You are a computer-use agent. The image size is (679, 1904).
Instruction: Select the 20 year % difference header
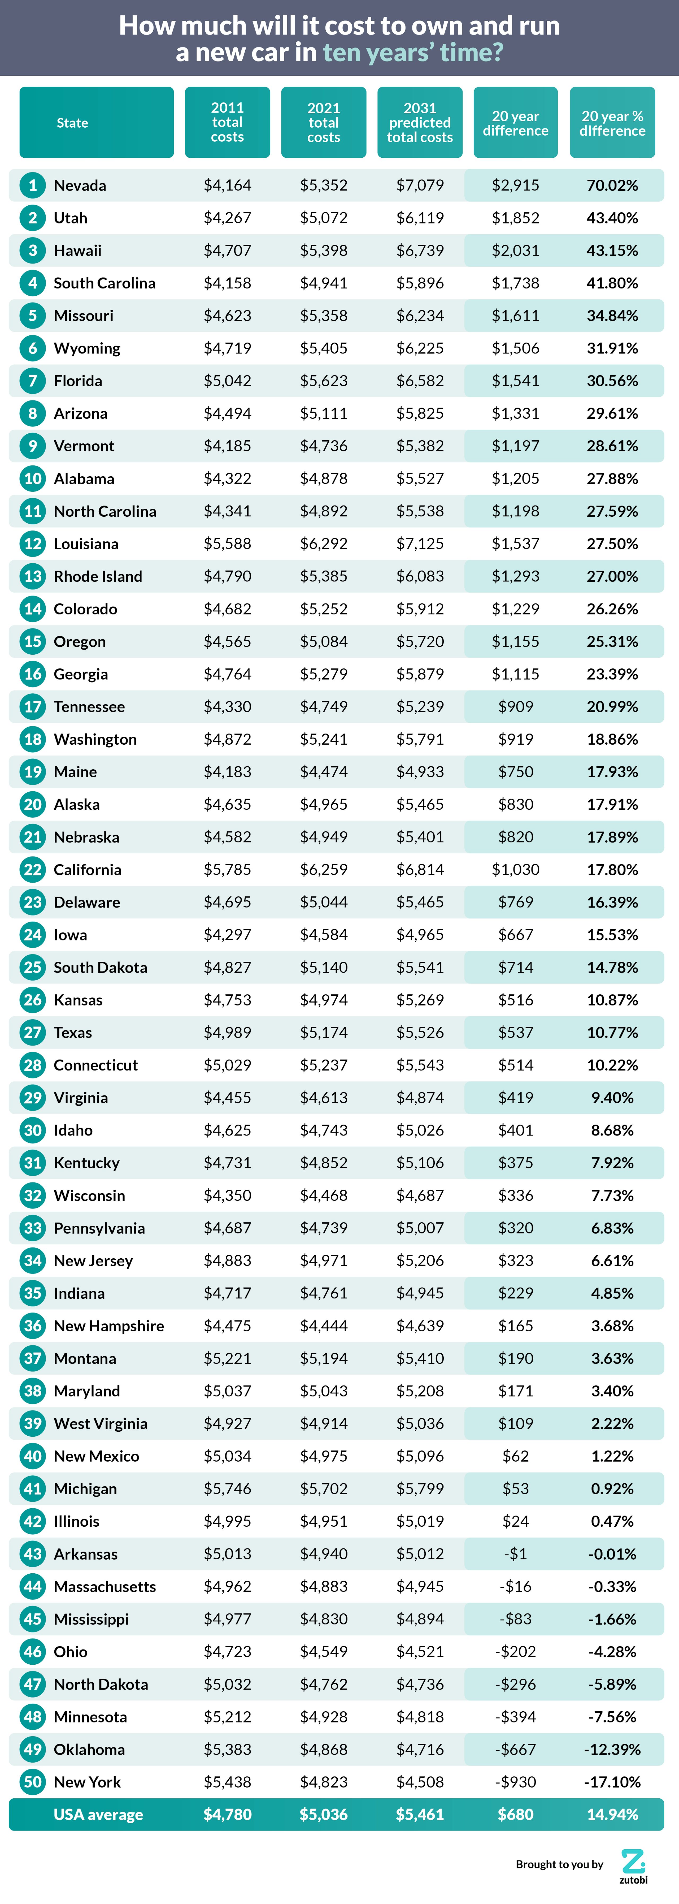(612, 123)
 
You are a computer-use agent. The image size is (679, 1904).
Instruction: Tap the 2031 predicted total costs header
(420, 123)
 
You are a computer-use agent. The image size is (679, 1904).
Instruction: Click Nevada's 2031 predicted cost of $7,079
(420, 185)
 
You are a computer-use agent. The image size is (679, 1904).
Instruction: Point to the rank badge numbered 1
(33, 185)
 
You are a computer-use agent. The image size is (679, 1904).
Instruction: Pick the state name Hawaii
(77, 251)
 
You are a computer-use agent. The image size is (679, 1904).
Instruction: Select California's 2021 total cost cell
(324, 870)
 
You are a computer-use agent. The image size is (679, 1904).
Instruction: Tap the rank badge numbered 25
(33, 968)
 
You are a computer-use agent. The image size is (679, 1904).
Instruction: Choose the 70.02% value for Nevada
(612, 185)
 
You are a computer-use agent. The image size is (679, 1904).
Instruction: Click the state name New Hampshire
(108, 1326)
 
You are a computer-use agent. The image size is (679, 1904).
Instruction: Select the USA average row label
(98, 1815)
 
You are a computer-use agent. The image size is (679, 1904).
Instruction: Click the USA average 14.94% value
(612, 1815)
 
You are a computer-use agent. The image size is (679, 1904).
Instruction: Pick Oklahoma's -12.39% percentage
(612, 1750)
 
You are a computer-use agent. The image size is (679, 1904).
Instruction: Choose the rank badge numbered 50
(33, 1782)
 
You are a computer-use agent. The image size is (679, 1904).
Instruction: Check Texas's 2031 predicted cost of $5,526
(420, 1033)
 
